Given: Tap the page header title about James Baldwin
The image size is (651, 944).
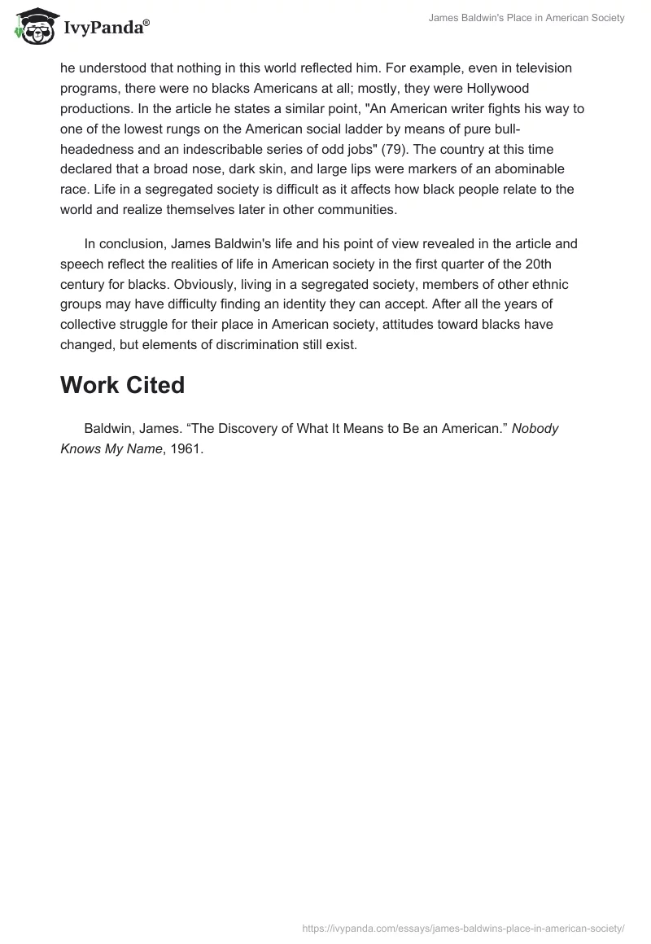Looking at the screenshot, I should coord(526,18).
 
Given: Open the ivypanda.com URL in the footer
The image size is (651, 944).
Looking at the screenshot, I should coord(463,927).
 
